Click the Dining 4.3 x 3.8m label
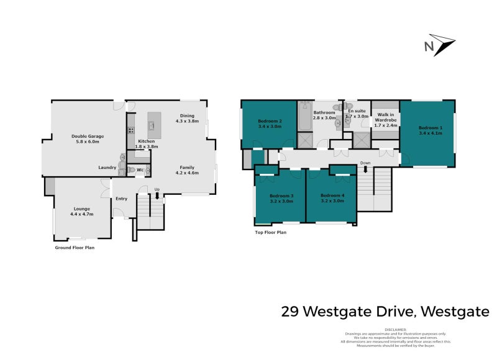click(x=187, y=119)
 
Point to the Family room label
click(x=187, y=170)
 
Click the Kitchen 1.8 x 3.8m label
click(x=148, y=144)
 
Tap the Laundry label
click(x=107, y=168)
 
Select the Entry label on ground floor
click(x=121, y=199)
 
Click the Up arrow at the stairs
click(x=157, y=195)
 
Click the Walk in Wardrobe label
click(x=386, y=119)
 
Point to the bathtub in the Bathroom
click(x=304, y=119)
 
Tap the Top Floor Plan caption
click(x=270, y=232)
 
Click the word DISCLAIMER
click(x=395, y=330)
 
